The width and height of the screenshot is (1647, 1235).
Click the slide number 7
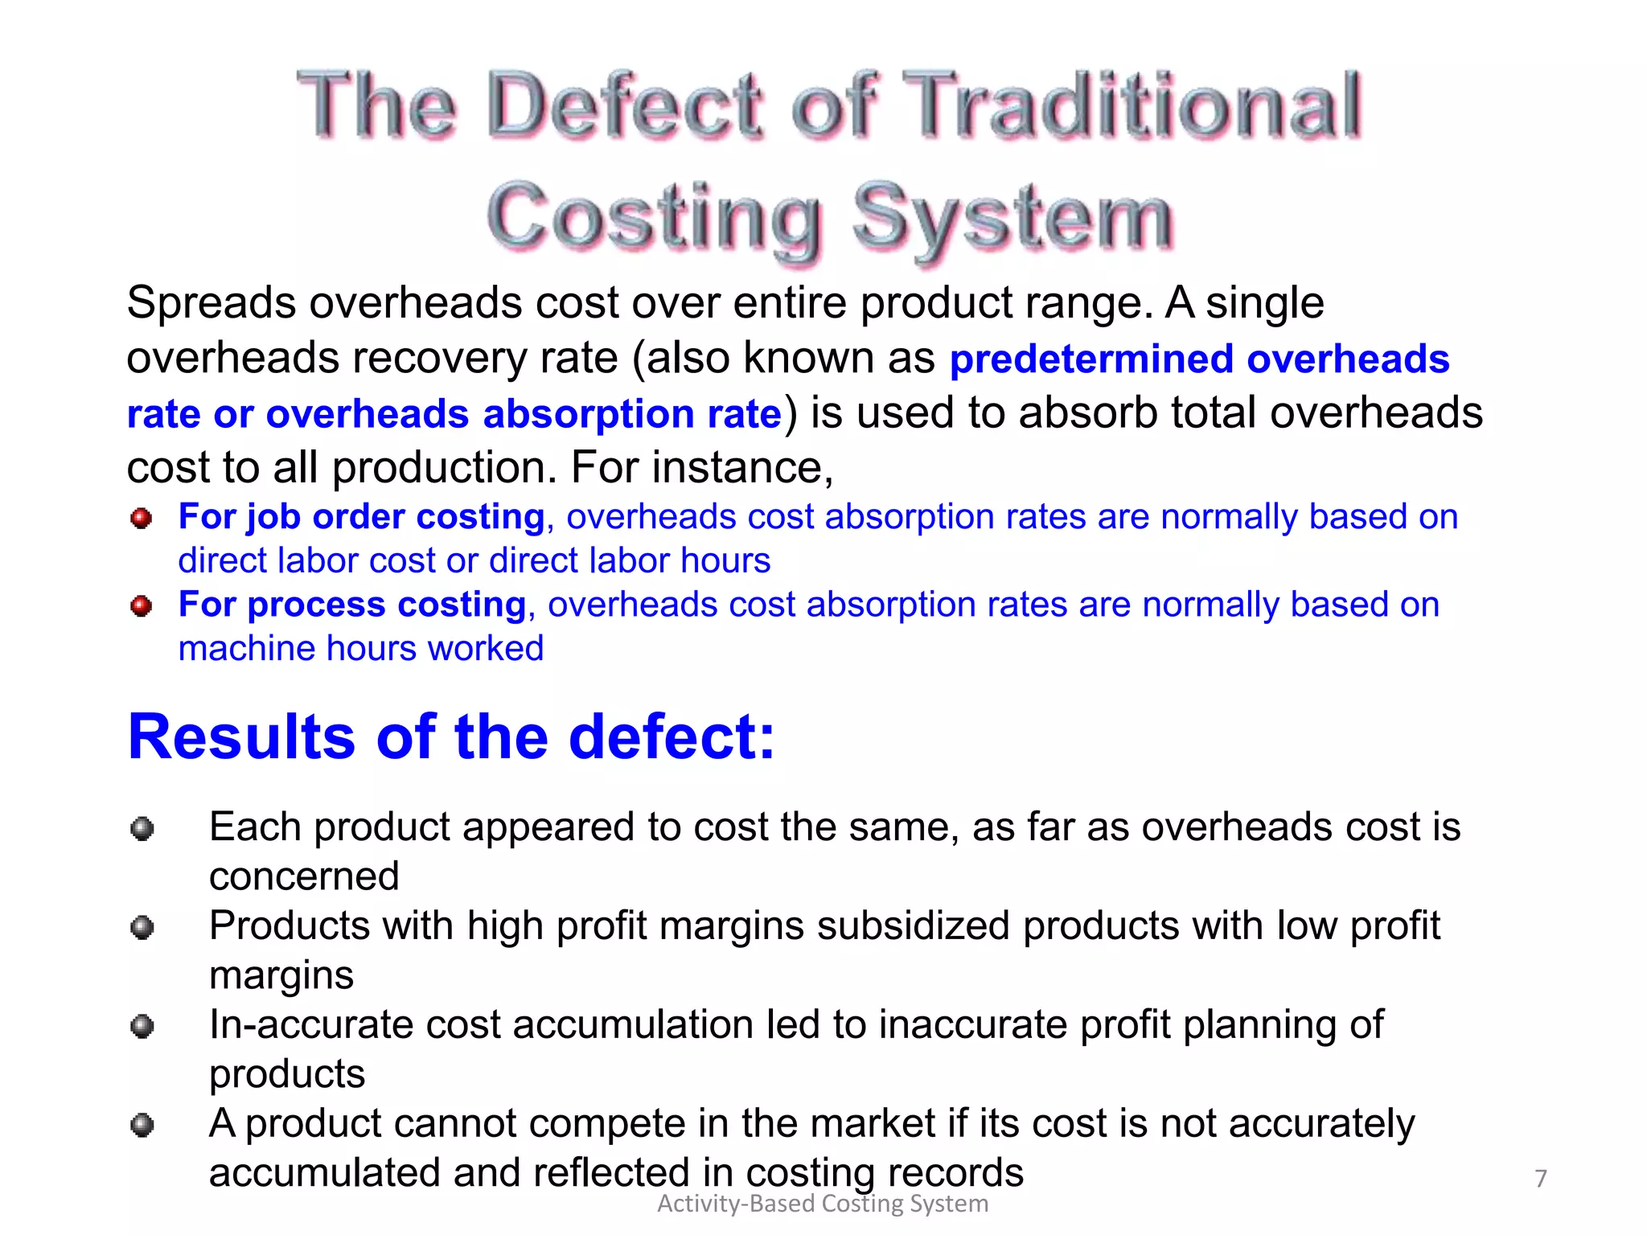pos(1540,1179)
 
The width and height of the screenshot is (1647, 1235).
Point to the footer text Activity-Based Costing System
pos(823,1204)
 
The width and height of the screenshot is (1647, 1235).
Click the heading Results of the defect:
pos(451,736)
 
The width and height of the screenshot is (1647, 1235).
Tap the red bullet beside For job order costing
pos(141,519)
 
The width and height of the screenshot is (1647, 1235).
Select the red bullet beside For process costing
pos(141,606)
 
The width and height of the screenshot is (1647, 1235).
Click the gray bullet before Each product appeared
pos(142,828)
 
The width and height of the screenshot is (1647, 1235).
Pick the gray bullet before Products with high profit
pos(142,928)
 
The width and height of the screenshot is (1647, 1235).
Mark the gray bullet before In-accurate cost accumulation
pos(142,1027)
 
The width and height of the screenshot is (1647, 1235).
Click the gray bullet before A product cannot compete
pos(142,1125)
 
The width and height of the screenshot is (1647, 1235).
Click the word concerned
pos(304,876)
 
